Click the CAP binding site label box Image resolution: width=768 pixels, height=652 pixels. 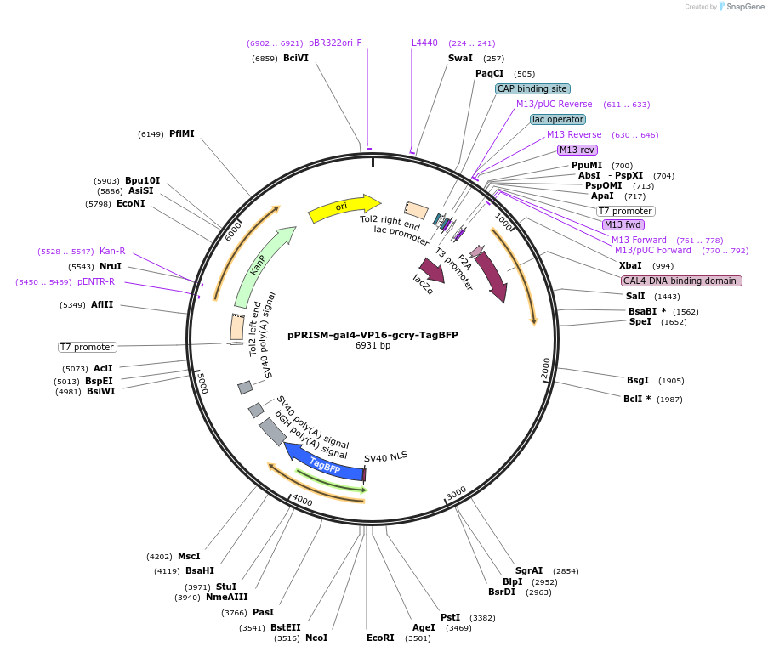(x=532, y=88)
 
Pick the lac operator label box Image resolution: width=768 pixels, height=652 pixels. (x=558, y=119)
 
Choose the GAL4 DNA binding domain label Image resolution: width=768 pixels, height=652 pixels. (x=681, y=281)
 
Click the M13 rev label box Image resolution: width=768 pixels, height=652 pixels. (x=577, y=150)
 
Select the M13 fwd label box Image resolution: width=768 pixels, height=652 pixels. (x=623, y=224)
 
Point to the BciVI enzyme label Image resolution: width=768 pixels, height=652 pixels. (x=296, y=58)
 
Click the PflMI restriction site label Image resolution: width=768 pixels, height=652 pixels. (x=182, y=133)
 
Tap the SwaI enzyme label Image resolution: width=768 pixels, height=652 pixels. (x=460, y=58)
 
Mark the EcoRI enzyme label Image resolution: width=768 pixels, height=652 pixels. (x=380, y=638)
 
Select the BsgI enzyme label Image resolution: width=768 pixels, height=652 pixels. (x=638, y=380)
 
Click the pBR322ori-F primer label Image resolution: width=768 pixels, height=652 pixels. (x=335, y=43)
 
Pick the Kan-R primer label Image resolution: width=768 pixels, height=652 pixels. (x=112, y=251)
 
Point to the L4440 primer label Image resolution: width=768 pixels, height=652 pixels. (x=424, y=43)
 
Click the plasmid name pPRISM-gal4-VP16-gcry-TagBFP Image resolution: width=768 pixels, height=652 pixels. (x=373, y=335)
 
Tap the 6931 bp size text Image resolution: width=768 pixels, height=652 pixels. (x=373, y=345)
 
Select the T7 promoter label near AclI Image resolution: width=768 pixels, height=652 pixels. (x=87, y=347)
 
